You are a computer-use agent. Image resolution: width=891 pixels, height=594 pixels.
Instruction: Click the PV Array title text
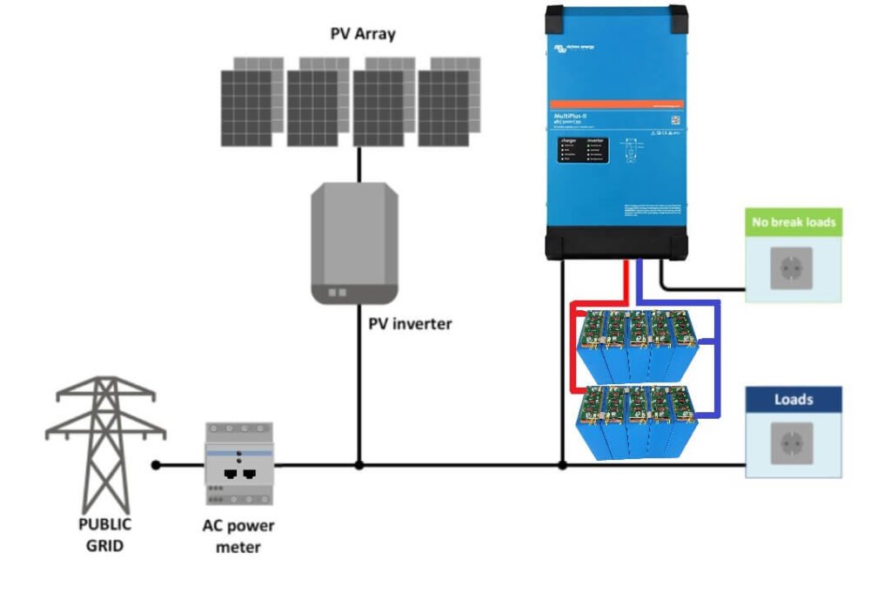coord(362,34)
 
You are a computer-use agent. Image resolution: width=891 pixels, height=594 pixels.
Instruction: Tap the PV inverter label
coord(410,324)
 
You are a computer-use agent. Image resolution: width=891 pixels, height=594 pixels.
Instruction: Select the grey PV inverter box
coord(354,242)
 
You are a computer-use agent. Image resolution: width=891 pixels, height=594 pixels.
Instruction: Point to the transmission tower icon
coord(105,444)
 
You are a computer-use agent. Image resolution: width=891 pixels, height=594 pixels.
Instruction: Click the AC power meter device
coord(239,463)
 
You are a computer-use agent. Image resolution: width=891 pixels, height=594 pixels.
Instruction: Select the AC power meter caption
coord(238,536)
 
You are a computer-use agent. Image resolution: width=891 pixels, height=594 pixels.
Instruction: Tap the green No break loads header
coord(794,222)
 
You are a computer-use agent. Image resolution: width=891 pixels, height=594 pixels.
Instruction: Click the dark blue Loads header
coord(793,400)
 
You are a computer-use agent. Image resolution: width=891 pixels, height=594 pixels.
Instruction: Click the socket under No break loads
coord(792,268)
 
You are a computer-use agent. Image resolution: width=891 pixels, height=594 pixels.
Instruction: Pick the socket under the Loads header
coord(792,443)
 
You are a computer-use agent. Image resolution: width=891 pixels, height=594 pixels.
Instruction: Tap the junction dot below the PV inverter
coord(358,465)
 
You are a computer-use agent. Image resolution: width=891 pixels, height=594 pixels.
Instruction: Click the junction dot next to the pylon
coord(156,465)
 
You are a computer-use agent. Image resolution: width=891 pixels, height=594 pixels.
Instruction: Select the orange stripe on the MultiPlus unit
coord(614,104)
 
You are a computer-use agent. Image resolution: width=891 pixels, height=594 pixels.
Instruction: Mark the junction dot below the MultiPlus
coord(562,465)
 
